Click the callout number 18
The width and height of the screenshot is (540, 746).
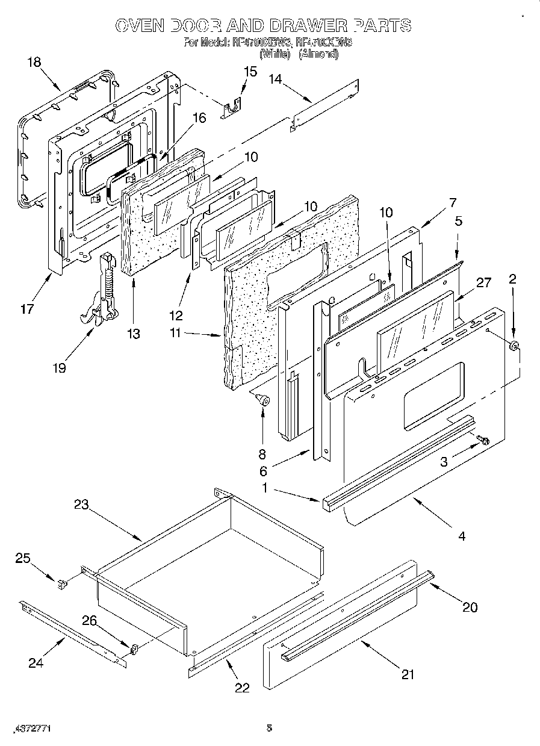point(34,61)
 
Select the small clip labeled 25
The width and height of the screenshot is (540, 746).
point(61,583)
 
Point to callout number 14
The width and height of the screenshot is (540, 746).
point(275,79)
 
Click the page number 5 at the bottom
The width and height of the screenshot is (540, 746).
point(269,728)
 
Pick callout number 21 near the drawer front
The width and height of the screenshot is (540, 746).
point(408,674)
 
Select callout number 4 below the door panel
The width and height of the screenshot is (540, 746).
point(462,535)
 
